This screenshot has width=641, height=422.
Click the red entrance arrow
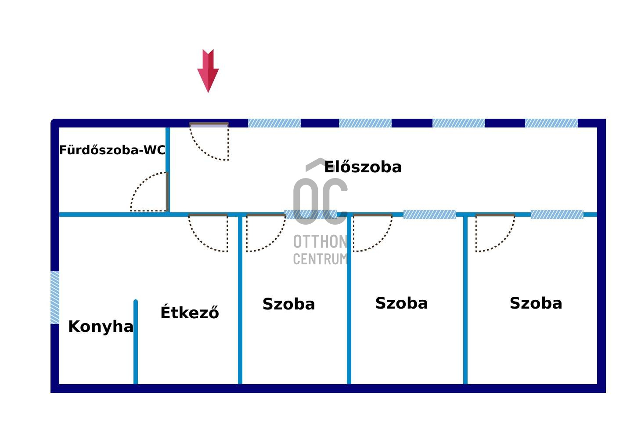[208, 70]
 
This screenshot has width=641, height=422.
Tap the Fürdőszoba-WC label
[112, 150]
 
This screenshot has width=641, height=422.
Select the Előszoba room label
[363, 167]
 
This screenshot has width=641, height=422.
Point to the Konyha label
[101, 327]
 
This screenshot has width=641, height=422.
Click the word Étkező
[190, 313]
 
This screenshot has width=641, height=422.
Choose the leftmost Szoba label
[289, 304]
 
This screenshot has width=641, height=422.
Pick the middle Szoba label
[402, 303]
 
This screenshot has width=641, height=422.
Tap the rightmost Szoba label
[536, 303]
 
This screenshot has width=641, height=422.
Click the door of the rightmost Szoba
[494, 233]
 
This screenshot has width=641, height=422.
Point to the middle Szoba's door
[372, 233]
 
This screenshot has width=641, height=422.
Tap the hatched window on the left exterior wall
[55, 298]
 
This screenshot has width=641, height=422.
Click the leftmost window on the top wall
[274, 123]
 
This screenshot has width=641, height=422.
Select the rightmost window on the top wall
[551, 123]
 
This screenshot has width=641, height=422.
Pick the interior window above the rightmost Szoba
[557, 215]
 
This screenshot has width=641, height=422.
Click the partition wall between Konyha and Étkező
[136, 343]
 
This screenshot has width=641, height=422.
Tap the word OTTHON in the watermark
[320, 242]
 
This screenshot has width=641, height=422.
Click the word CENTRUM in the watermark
[320, 259]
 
